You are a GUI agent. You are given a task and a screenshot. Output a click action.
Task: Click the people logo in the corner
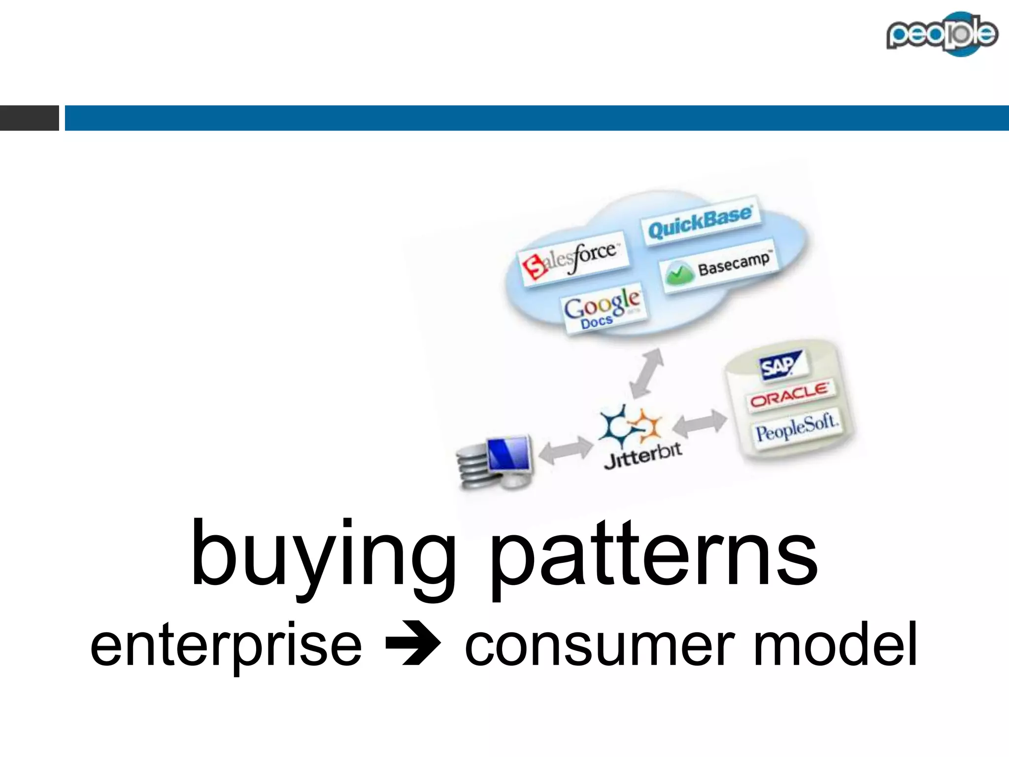(x=942, y=34)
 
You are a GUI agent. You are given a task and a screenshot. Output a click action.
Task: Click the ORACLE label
(x=790, y=394)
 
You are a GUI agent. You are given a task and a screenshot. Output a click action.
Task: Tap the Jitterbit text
(x=643, y=456)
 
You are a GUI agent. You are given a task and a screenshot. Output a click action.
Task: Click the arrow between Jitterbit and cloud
(x=647, y=373)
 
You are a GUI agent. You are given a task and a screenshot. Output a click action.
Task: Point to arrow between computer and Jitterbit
(x=566, y=449)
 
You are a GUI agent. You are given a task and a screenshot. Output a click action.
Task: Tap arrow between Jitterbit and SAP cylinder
(x=700, y=422)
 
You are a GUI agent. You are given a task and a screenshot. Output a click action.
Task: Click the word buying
(x=323, y=557)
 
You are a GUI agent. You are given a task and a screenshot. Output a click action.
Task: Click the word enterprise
(x=226, y=646)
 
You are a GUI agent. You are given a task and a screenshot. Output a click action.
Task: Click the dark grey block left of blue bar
(x=29, y=118)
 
